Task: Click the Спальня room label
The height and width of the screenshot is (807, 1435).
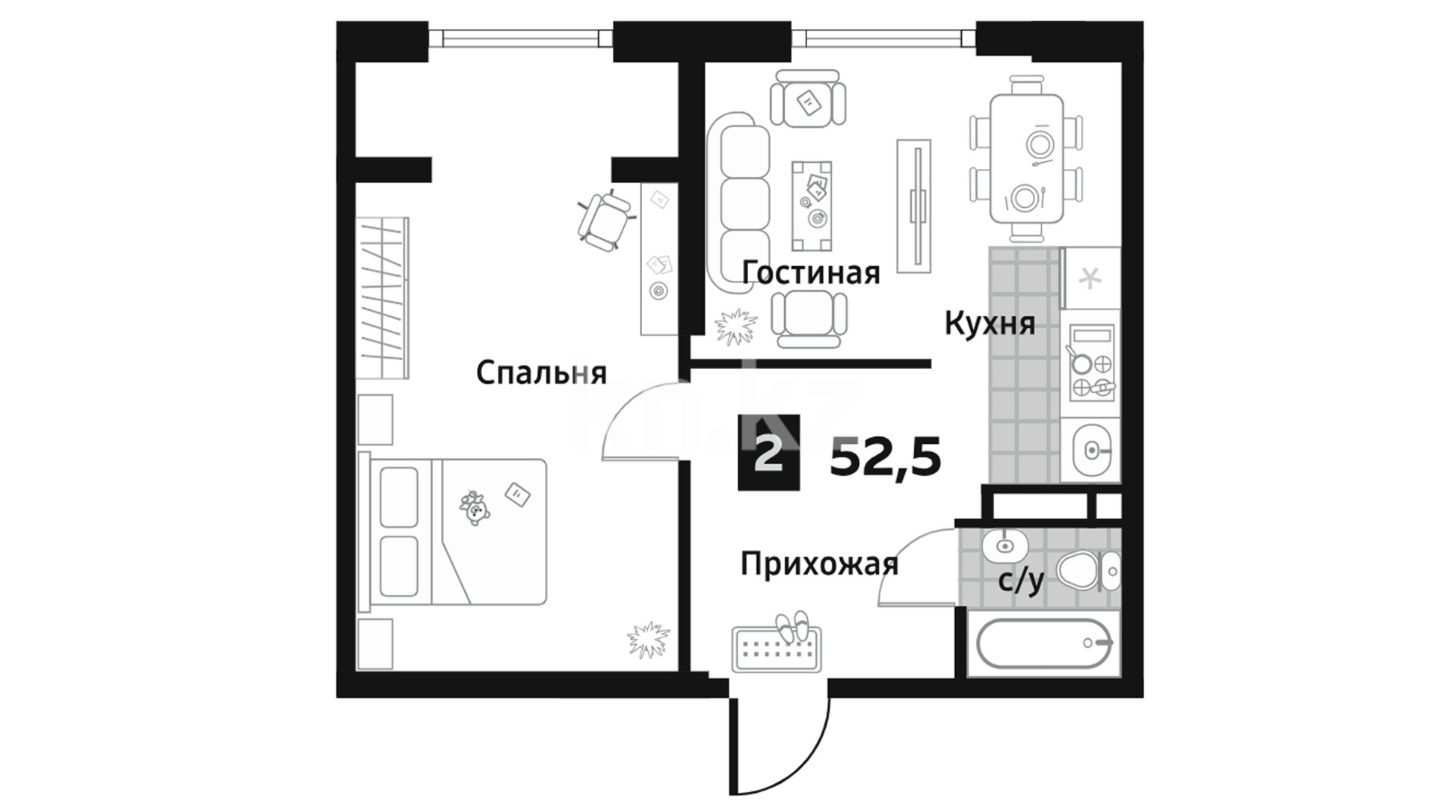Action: [541, 373]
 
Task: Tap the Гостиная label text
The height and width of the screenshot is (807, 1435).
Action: [811, 273]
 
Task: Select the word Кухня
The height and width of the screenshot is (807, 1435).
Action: [990, 324]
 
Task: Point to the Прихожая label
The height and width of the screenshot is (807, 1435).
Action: [819, 565]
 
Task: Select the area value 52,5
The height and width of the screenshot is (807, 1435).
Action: [885, 457]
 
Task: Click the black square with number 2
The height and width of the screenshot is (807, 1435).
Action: [768, 453]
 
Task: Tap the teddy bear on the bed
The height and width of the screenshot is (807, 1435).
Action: [475, 508]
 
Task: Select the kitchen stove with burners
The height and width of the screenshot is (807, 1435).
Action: [1090, 362]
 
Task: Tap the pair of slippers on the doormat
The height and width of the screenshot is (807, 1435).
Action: [792, 626]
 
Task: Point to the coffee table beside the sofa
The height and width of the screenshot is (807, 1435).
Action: [812, 206]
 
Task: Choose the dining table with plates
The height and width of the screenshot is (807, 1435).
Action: [1027, 158]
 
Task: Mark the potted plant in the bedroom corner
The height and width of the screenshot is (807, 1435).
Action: [647, 640]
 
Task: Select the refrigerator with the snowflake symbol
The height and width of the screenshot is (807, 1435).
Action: [1091, 278]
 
